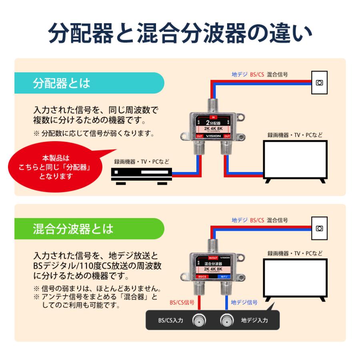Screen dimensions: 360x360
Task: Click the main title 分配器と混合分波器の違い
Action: [180, 33]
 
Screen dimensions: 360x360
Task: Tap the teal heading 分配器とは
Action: [62, 83]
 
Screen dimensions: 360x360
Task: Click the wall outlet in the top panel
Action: [319, 83]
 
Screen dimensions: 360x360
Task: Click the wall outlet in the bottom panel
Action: [319, 228]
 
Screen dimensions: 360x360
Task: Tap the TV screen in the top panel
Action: [294, 159]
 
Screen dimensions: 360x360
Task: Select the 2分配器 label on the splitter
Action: [213, 123]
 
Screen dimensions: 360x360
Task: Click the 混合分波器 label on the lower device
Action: [213, 264]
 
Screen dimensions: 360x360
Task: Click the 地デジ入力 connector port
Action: [226, 320]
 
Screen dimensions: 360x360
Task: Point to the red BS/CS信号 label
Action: [182, 302]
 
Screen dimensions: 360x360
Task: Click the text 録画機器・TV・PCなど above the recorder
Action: [142, 162]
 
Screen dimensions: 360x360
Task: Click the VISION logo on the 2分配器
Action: [213, 136]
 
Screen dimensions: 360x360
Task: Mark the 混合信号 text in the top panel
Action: [277, 74]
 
